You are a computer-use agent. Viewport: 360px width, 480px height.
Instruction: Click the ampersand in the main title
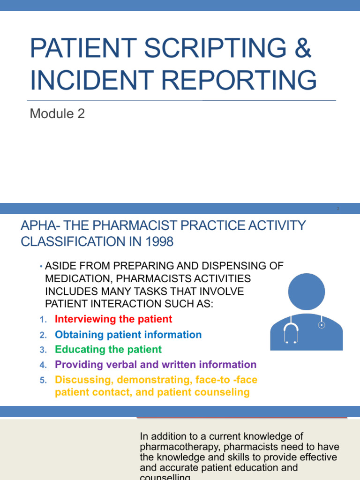click(302, 49)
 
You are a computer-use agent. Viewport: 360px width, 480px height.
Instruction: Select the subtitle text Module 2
click(57, 114)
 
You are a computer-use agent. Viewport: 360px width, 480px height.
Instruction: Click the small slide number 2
click(338, 209)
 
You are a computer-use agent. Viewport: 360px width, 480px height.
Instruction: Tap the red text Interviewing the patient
click(113, 319)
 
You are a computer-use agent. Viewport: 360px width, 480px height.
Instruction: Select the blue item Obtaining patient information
click(128, 335)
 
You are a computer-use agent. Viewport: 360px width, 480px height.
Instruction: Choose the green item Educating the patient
click(108, 350)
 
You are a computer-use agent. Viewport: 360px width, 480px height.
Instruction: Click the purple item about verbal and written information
click(156, 365)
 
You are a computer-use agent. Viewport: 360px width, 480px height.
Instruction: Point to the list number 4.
click(42, 365)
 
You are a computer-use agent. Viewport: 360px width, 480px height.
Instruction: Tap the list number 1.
click(42, 320)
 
